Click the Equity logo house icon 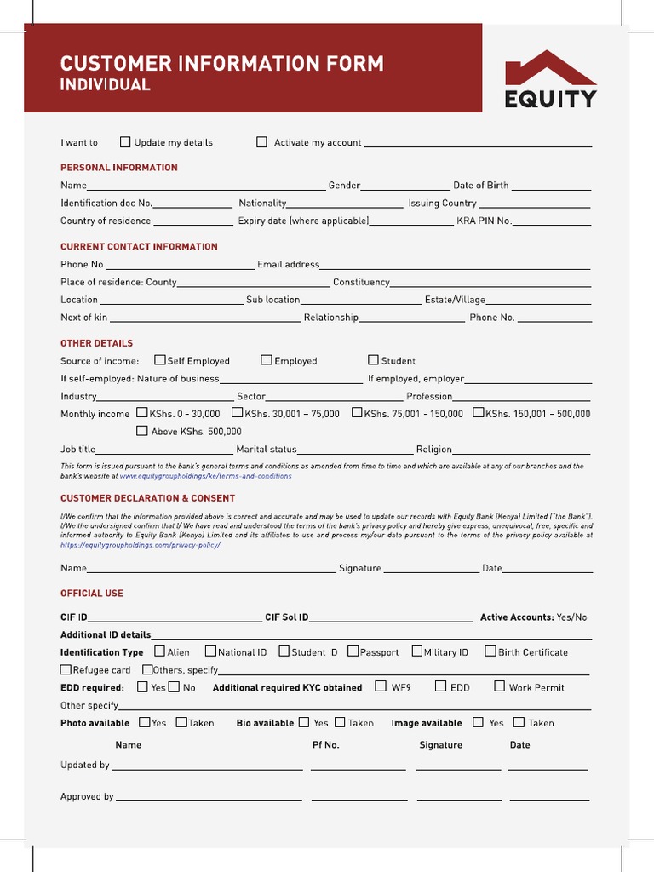click(x=550, y=68)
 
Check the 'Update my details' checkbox click(x=125, y=142)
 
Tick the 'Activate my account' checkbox click(x=261, y=142)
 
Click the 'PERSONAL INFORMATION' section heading click(x=118, y=168)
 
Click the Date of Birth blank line click(x=551, y=186)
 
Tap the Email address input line click(x=455, y=266)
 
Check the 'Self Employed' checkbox click(x=159, y=360)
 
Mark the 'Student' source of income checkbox click(x=373, y=360)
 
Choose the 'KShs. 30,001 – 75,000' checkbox click(x=238, y=413)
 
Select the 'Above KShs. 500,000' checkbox click(x=142, y=431)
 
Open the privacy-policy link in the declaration click(x=140, y=544)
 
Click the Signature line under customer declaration click(x=432, y=569)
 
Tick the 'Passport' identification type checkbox click(x=353, y=651)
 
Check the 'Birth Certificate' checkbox click(x=490, y=651)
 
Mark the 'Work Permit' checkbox click(x=501, y=686)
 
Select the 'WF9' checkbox click(x=381, y=686)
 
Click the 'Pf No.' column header click(x=325, y=745)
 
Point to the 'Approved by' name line click(x=209, y=798)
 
